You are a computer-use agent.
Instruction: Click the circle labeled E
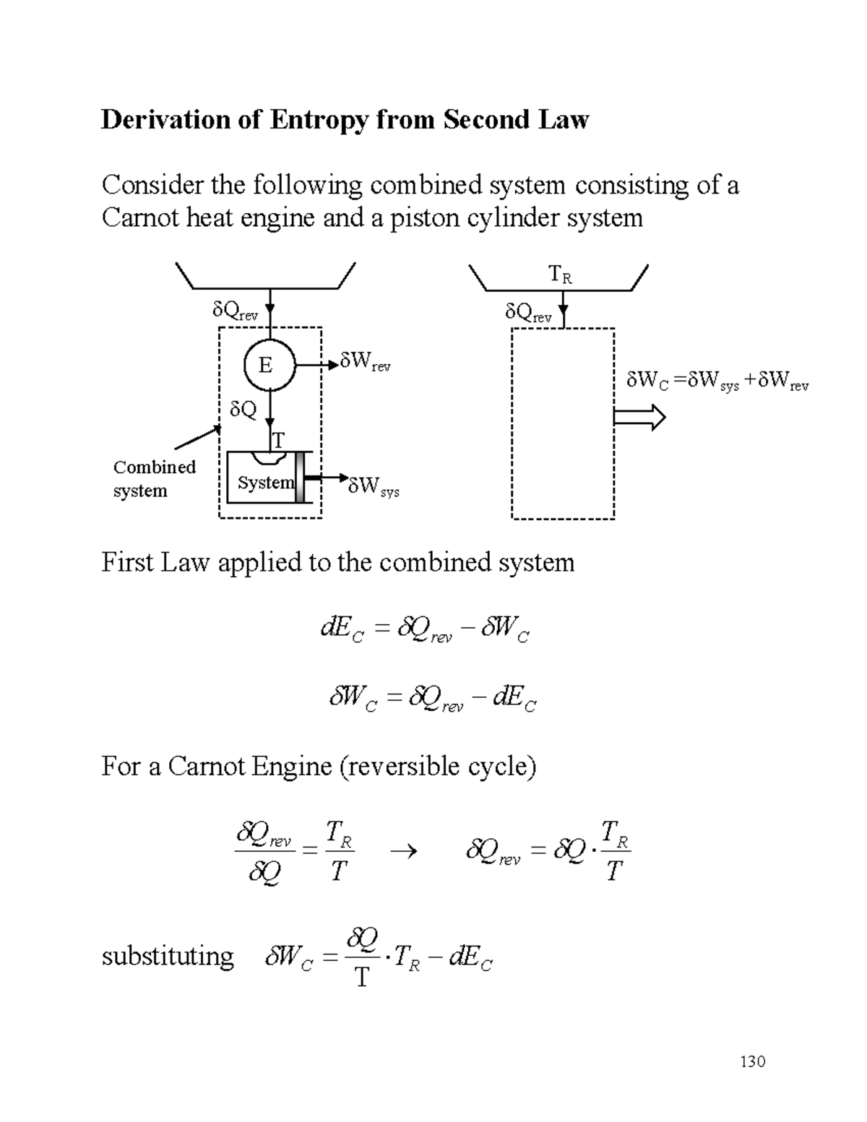tap(269, 366)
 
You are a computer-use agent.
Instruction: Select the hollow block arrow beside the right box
tap(639, 418)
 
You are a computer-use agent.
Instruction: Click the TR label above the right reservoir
tap(560, 275)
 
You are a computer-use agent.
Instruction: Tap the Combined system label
tap(154, 478)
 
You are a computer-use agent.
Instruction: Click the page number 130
tap(752, 1061)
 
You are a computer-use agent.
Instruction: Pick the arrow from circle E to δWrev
tap(317, 366)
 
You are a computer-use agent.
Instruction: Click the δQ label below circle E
tap(243, 410)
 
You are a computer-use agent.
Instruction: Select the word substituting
tap(168, 957)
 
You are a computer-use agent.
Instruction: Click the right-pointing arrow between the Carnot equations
tap(403, 852)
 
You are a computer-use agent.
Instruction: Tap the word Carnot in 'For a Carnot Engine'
tap(207, 766)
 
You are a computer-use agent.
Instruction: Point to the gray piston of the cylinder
tap(299, 478)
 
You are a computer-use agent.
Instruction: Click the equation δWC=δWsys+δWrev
tap(717, 381)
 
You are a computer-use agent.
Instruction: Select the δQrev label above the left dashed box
tap(235, 311)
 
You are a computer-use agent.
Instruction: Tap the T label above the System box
tap(278, 440)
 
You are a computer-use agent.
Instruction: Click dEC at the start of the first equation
tap(342, 629)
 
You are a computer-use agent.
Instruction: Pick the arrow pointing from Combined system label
tap(197, 437)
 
